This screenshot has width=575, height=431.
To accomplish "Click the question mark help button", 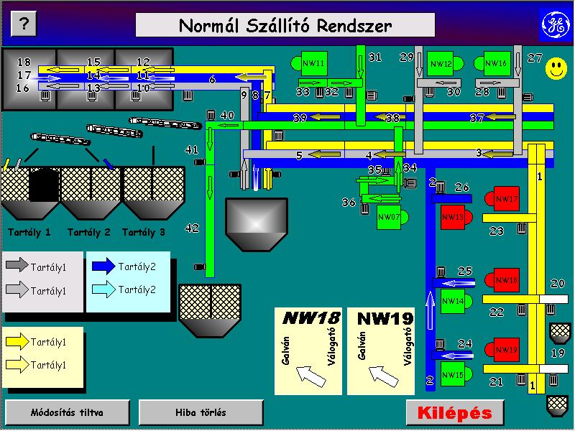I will point(24,24).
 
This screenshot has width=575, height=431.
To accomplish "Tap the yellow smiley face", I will point(555,69).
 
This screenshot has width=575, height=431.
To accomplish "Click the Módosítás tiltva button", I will point(68,412).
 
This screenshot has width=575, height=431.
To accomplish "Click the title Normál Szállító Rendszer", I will point(285,26).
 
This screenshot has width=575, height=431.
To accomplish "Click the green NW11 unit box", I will point(314,64).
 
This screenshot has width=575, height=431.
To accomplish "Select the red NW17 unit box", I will point(506,199).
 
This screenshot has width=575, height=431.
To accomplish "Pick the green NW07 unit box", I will point(388,216).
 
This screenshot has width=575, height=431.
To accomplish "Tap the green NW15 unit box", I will point(453,374).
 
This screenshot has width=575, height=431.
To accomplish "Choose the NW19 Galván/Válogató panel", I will point(380,351).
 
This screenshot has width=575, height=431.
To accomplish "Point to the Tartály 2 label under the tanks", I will point(88,232).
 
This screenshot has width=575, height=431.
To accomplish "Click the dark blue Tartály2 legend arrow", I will point(103,267).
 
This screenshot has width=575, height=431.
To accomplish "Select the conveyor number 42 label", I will point(192,228).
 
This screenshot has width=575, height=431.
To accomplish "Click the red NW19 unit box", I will point(506,350).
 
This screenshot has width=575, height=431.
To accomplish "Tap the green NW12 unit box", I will point(441,64).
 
